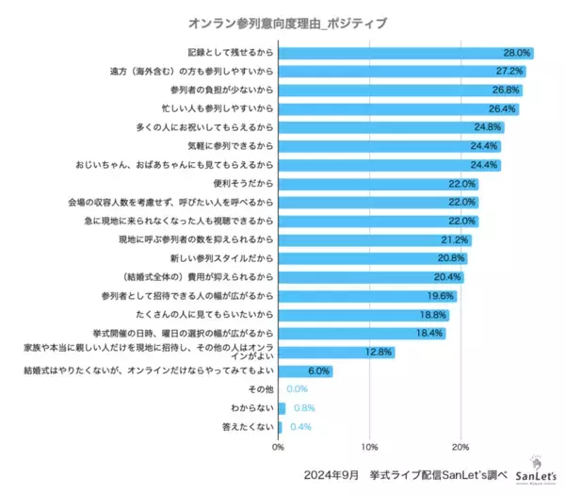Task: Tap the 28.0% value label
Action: coord(518,54)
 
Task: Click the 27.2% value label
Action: coord(510,72)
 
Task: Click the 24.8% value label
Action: coord(488,127)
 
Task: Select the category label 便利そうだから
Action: coord(243,183)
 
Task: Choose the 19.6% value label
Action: coord(442,295)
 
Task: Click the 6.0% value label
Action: coord(320,370)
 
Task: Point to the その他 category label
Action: coord(260,389)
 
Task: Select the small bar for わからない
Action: coord(282,408)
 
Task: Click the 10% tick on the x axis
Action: coord(370,447)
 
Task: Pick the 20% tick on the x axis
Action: coord(460,447)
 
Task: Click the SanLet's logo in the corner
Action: coord(537,469)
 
